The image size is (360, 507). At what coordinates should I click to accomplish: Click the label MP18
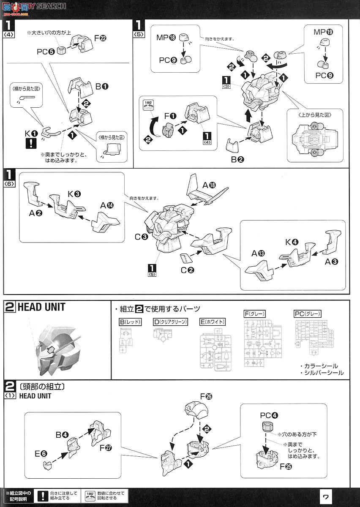click(x=165, y=38)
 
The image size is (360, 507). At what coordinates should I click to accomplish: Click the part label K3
click(x=74, y=194)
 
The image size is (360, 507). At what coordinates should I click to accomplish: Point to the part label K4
click(x=292, y=242)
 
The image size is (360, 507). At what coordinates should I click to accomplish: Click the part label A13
click(x=258, y=253)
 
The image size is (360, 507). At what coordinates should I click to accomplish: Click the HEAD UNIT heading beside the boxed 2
click(x=41, y=307)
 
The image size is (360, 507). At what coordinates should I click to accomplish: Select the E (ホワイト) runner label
click(x=213, y=322)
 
